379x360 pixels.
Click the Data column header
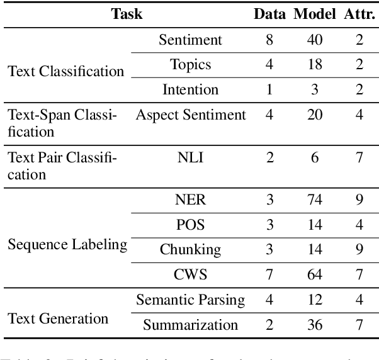269,14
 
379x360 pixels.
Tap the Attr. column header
359,14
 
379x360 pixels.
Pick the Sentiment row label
190,40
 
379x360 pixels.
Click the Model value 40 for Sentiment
314,40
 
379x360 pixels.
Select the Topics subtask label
190,64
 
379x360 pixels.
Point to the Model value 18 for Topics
314,64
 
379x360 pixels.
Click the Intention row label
190,89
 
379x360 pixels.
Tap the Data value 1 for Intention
269,89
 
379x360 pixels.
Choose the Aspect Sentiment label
190,115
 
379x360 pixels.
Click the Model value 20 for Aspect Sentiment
314,115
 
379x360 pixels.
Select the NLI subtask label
190,157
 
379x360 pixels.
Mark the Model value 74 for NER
314,200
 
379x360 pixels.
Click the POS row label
190,225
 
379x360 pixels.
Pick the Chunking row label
190,249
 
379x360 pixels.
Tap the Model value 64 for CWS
314,274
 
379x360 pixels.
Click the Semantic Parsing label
190,300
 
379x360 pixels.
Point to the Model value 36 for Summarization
314,325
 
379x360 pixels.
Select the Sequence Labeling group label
67,244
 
